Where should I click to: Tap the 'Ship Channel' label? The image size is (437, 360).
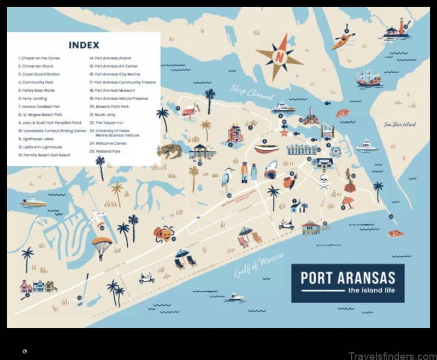click(x=252, y=92)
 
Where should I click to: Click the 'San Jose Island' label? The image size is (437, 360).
click(x=400, y=125)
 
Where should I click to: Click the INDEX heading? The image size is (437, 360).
click(x=84, y=45)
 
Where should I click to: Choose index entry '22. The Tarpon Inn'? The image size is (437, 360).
click(x=109, y=122)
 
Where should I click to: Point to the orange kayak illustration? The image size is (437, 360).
click(x=343, y=41)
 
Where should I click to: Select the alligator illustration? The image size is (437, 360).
click(x=169, y=151)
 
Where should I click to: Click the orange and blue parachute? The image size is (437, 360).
click(x=102, y=245)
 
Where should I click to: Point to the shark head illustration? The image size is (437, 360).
click(x=271, y=170)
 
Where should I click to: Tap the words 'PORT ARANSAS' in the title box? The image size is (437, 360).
click(x=347, y=278)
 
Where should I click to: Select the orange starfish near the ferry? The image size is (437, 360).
click(x=284, y=132)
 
